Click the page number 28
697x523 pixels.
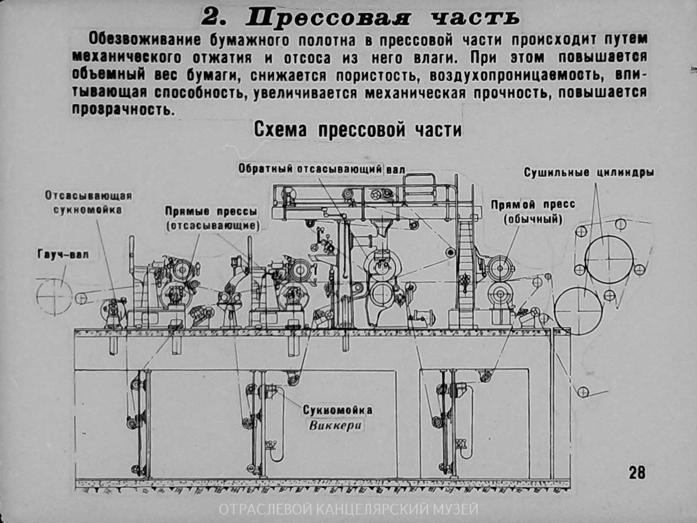pos(636,472)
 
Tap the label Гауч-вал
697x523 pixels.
pos(63,254)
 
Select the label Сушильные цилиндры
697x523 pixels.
pos(589,173)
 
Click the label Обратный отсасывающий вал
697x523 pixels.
pos(321,169)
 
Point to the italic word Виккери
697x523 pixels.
pos(335,426)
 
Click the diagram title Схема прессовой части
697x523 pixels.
pos(358,130)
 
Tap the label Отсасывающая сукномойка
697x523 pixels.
pos(88,202)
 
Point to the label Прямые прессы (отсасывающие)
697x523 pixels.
pos(212,218)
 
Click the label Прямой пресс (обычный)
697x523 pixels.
pos(533,211)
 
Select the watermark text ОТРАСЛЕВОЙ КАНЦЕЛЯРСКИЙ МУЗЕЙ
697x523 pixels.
pos(348,509)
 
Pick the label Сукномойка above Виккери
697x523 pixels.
pos(337,410)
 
